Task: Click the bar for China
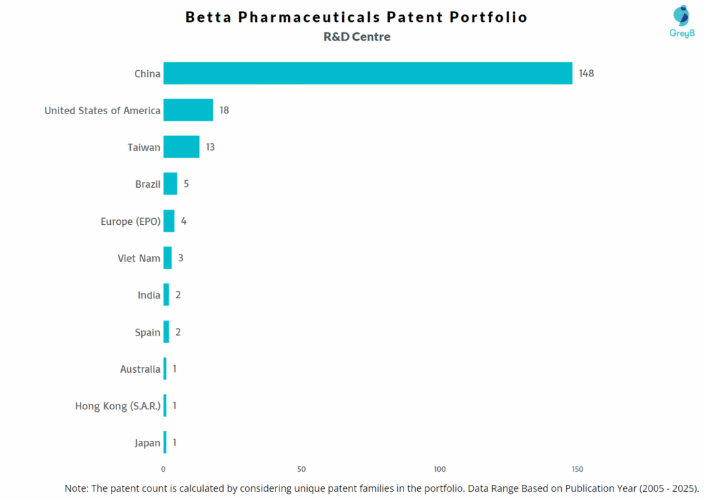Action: pos(368,74)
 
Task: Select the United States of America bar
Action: pos(188,110)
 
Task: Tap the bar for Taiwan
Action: pos(181,147)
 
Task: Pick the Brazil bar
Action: pos(170,184)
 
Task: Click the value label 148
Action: pos(586,74)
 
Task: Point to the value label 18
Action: pos(224,110)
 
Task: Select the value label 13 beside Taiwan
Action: pos(211,147)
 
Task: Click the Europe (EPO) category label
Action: pos(130,221)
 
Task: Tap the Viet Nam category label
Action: pos(139,259)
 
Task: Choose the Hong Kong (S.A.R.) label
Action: pos(118,406)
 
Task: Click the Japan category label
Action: pos(147,443)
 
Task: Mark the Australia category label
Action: pos(140,369)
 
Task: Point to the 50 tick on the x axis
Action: pos(302,469)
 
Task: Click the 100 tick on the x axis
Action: pos(439,469)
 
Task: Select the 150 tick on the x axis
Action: pos(578,469)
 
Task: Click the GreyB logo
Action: pos(682,21)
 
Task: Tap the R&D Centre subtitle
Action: pos(357,37)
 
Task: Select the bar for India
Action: pos(166,295)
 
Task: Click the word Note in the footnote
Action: pos(77,488)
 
